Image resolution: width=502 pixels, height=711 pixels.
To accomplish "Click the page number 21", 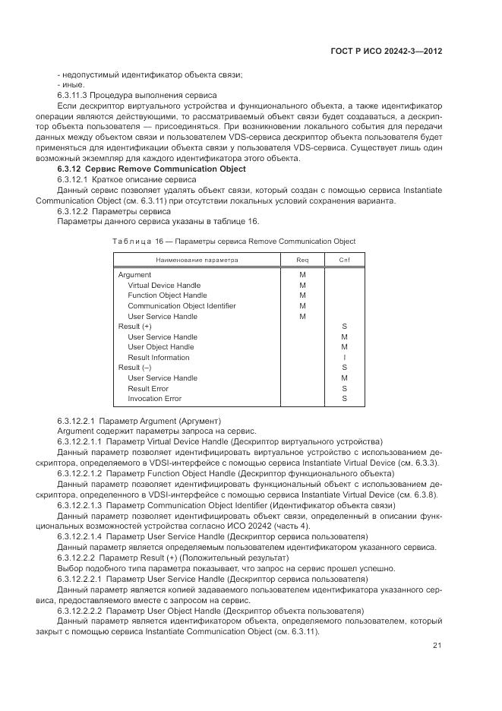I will point(437,646).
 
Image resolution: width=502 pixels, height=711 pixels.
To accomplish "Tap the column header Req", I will point(302,260).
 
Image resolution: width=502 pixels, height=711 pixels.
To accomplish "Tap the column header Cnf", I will point(344,260).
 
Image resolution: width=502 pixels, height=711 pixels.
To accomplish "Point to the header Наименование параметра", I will point(197,260).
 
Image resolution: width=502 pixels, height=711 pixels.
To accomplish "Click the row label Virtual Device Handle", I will point(164,286).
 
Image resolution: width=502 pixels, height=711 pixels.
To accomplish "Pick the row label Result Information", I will point(159,357).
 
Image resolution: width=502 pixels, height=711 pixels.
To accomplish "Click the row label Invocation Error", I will point(154,398).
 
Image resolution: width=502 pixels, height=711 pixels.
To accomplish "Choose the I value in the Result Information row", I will point(344,357).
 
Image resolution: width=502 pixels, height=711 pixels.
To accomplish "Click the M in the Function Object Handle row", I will point(302,295).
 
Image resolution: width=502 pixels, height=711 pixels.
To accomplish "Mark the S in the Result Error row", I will point(344,388).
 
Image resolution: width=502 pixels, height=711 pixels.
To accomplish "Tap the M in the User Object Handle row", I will point(344,347).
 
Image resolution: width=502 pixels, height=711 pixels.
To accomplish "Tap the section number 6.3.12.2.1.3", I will point(80,504).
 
